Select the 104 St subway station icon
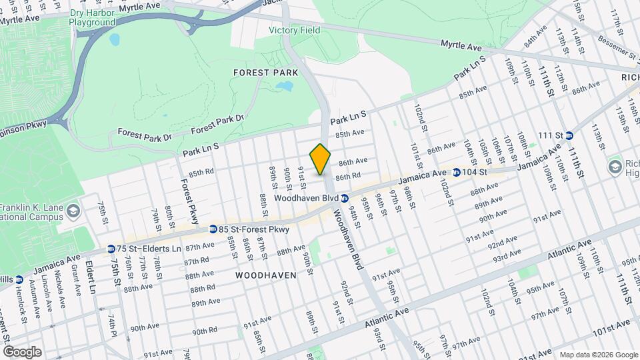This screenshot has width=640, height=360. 456,172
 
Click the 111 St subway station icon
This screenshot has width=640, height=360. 569,135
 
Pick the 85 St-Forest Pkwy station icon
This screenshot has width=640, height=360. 212,229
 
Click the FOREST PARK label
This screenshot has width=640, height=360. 261,72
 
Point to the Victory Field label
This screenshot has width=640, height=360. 294,30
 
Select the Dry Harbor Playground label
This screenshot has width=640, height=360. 92,17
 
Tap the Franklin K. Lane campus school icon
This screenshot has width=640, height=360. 73,212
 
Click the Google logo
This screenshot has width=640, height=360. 21,351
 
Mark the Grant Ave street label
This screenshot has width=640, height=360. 76,280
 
